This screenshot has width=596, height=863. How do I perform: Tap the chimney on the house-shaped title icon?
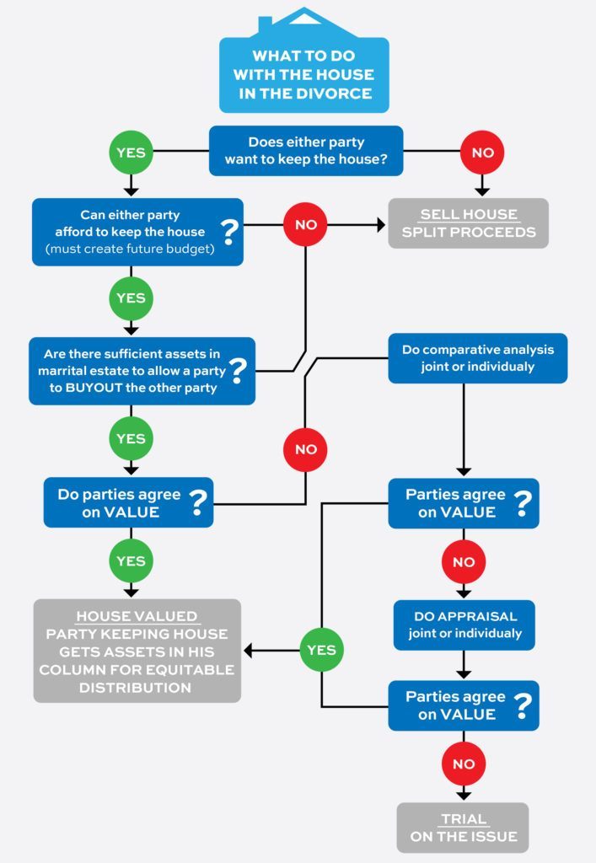tap(265, 24)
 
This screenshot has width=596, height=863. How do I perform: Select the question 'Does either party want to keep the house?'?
tap(306, 151)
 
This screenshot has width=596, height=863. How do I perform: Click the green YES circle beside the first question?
tap(131, 153)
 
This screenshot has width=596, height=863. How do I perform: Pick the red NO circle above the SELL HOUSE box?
tap(482, 153)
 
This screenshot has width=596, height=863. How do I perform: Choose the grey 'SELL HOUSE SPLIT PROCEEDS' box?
tap(468, 223)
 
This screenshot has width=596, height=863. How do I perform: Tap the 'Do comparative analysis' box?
tap(477, 358)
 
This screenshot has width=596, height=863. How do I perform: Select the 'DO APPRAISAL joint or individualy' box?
tap(464, 624)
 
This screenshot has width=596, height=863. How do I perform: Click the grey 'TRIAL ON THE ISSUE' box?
tap(463, 828)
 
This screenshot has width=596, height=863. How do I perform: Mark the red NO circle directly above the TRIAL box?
tap(464, 764)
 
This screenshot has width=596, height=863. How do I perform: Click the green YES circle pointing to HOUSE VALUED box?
tap(321, 650)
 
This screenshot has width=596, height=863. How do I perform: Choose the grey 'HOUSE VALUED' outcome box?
tap(137, 651)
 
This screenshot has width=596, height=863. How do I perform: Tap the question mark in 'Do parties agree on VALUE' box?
tap(199, 503)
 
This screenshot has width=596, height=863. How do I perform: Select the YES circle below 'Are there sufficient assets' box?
tap(131, 438)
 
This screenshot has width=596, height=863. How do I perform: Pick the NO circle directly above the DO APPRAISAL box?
tap(464, 561)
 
